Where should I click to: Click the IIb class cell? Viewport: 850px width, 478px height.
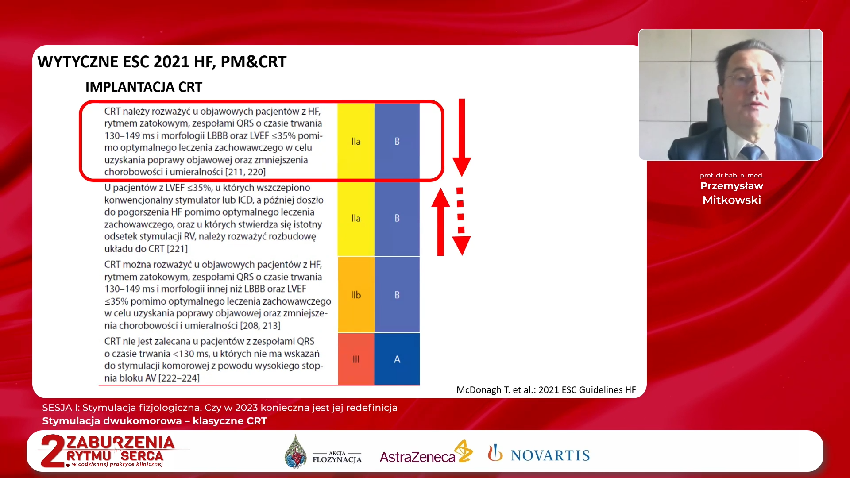point(356,295)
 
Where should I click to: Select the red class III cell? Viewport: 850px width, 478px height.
point(356,359)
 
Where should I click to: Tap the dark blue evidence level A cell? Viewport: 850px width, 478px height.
point(397,359)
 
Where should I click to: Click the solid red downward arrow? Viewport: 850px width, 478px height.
point(462,138)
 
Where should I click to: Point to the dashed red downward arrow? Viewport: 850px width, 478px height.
point(461,221)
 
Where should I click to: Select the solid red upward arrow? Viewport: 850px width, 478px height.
point(440,222)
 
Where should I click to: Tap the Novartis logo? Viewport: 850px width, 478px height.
point(539,454)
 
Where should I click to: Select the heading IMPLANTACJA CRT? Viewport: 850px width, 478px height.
point(144,87)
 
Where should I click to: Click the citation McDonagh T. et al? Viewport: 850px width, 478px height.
point(546,390)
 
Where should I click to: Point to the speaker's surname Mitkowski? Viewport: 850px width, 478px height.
point(732,200)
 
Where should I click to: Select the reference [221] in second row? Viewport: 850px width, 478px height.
point(177,249)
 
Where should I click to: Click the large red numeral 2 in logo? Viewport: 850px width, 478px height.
point(53,451)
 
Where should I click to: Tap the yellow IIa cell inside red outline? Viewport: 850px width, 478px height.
point(356,141)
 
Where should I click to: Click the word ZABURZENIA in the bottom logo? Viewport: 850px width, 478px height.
point(120,443)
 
